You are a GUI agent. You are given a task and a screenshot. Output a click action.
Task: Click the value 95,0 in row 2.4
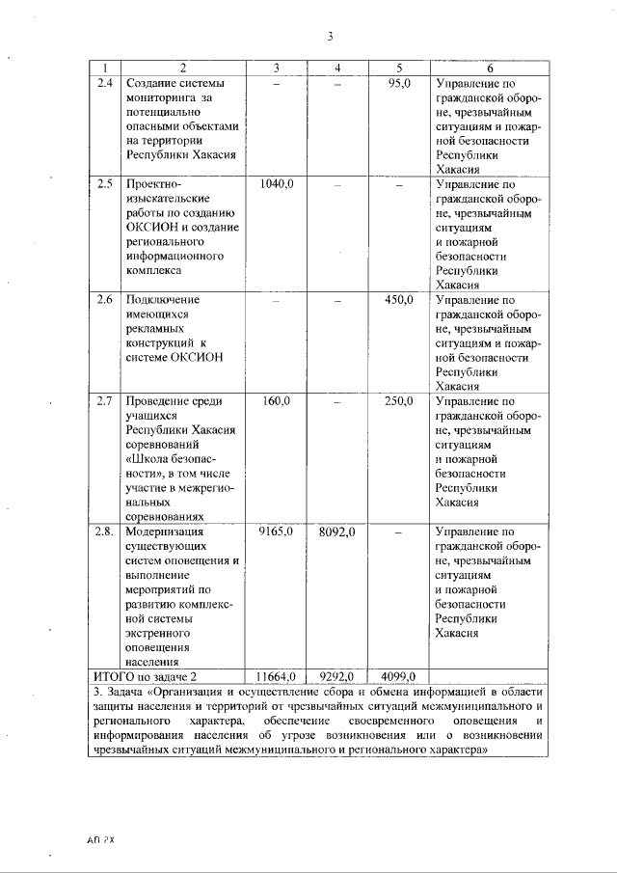399,84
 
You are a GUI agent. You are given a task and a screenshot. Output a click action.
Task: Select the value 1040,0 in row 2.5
277,183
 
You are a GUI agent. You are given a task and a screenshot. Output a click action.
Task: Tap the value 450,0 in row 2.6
399,300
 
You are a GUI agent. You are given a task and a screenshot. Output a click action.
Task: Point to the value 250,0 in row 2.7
399,400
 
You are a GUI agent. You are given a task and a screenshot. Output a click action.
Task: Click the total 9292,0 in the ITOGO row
337,676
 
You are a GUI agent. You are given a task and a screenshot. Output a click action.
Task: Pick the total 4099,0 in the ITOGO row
397,676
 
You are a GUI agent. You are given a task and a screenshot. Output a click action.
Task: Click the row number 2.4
106,84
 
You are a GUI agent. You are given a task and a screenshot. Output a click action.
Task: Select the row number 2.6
106,300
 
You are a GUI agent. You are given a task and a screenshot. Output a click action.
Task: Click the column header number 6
490,68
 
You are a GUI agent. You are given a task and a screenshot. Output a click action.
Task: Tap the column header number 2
184,68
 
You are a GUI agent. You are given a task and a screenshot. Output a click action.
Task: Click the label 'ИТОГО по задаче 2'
144,676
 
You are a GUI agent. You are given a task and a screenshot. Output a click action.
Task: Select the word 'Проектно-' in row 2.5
154,183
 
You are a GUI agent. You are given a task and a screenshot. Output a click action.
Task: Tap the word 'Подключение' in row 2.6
163,300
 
